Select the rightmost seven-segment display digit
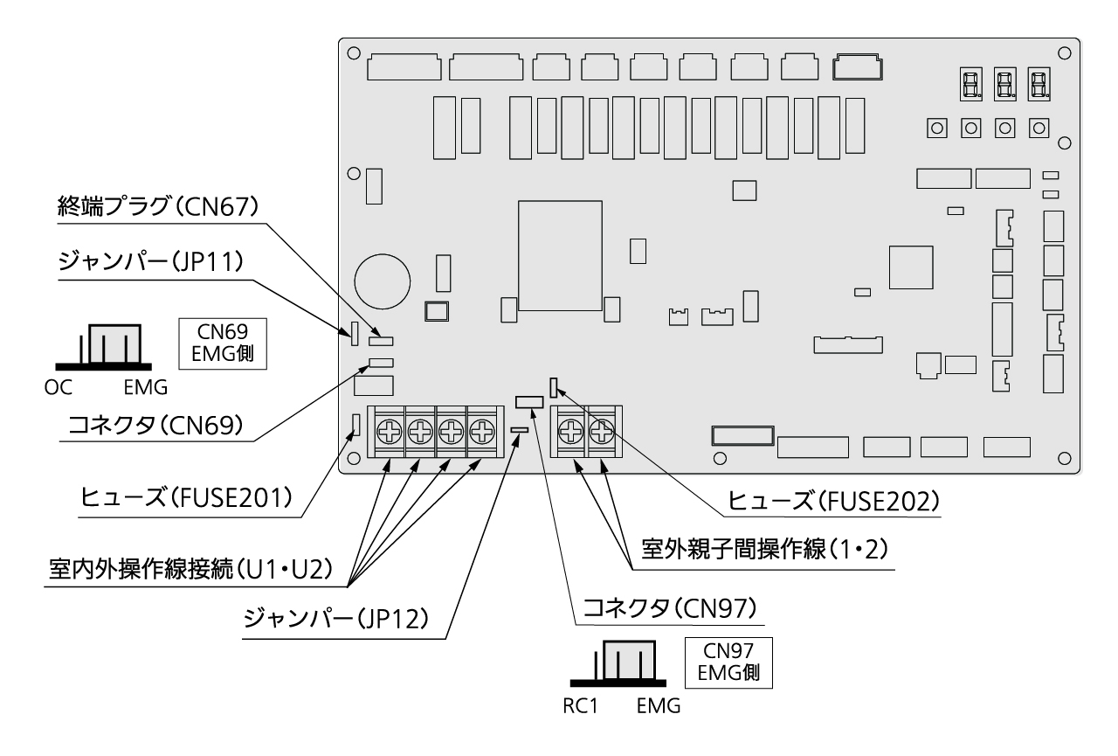(1038, 85)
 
